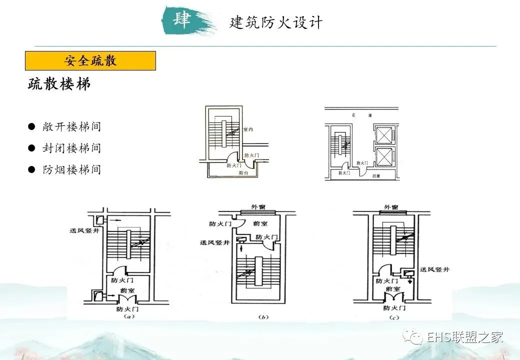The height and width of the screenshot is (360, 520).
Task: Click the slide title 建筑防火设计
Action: point(276,23)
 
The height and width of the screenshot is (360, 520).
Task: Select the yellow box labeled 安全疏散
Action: point(90,60)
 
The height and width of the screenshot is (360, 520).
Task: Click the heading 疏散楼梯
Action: point(59,84)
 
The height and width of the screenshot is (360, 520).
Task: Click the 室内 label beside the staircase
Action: point(248,129)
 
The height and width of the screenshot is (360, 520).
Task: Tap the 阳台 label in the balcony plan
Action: point(243,172)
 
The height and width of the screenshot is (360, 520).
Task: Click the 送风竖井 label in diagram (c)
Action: point(434,269)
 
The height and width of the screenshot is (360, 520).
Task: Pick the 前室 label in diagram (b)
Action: point(259,225)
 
